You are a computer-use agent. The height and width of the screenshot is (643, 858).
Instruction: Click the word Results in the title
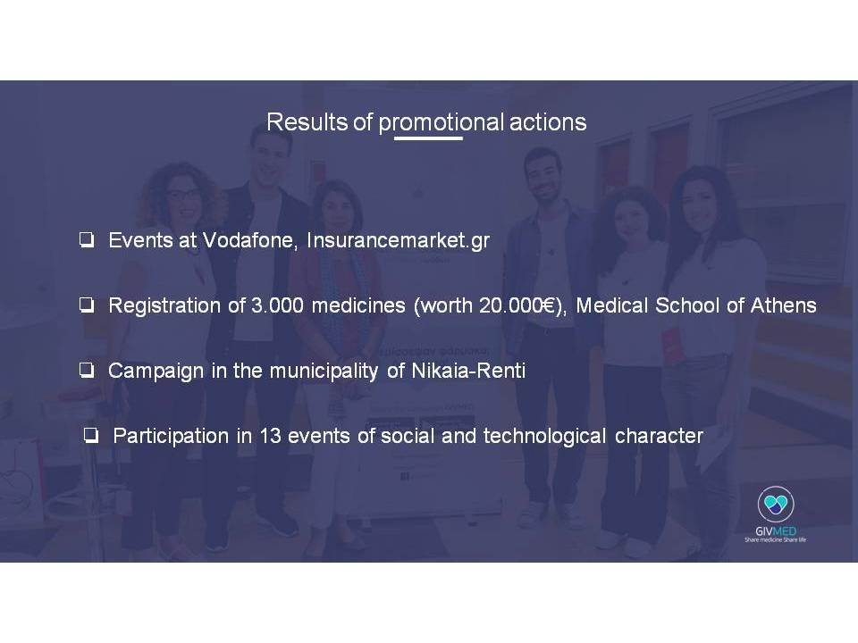(x=307, y=122)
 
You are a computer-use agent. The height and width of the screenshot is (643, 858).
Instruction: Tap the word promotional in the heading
(x=441, y=123)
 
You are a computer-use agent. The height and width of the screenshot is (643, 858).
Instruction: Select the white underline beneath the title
(x=428, y=138)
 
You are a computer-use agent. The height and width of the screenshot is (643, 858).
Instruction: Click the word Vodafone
(x=248, y=240)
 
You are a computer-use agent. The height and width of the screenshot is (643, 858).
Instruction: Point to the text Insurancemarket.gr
(x=399, y=240)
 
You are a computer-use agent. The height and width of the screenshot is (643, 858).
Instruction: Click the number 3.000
(x=277, y=305)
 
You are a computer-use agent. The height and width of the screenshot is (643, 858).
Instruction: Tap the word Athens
(x=784, y=305)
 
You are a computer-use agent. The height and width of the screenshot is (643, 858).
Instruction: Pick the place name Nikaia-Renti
(x=467, y=371)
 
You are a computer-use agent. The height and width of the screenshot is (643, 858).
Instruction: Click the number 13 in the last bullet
(x=270, y=436)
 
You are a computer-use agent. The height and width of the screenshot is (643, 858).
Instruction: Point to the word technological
(x=544, y=437)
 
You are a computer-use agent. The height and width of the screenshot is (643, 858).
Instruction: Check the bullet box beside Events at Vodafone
(x=87, y=240)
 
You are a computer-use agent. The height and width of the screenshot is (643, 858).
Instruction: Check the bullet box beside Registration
(x=87, y=305)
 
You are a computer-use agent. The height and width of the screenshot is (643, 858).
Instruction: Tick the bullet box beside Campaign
(x=87, y=371)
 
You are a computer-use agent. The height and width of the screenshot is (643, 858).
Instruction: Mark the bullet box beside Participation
(x=91, y=436)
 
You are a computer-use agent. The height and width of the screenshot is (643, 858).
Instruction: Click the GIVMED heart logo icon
(x=776, y=504)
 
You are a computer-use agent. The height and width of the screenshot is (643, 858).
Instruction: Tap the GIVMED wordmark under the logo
(x=776, y=530)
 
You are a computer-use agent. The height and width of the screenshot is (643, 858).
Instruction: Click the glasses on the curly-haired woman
(x=182, y=194)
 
